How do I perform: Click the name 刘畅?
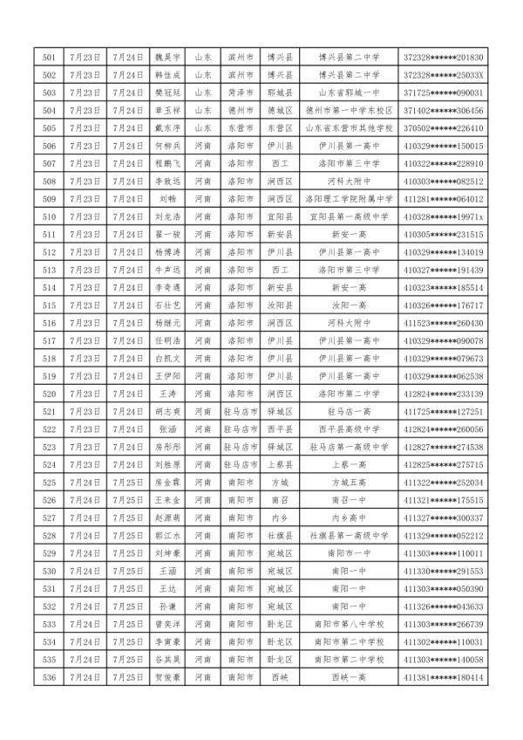tap(168, 199)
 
